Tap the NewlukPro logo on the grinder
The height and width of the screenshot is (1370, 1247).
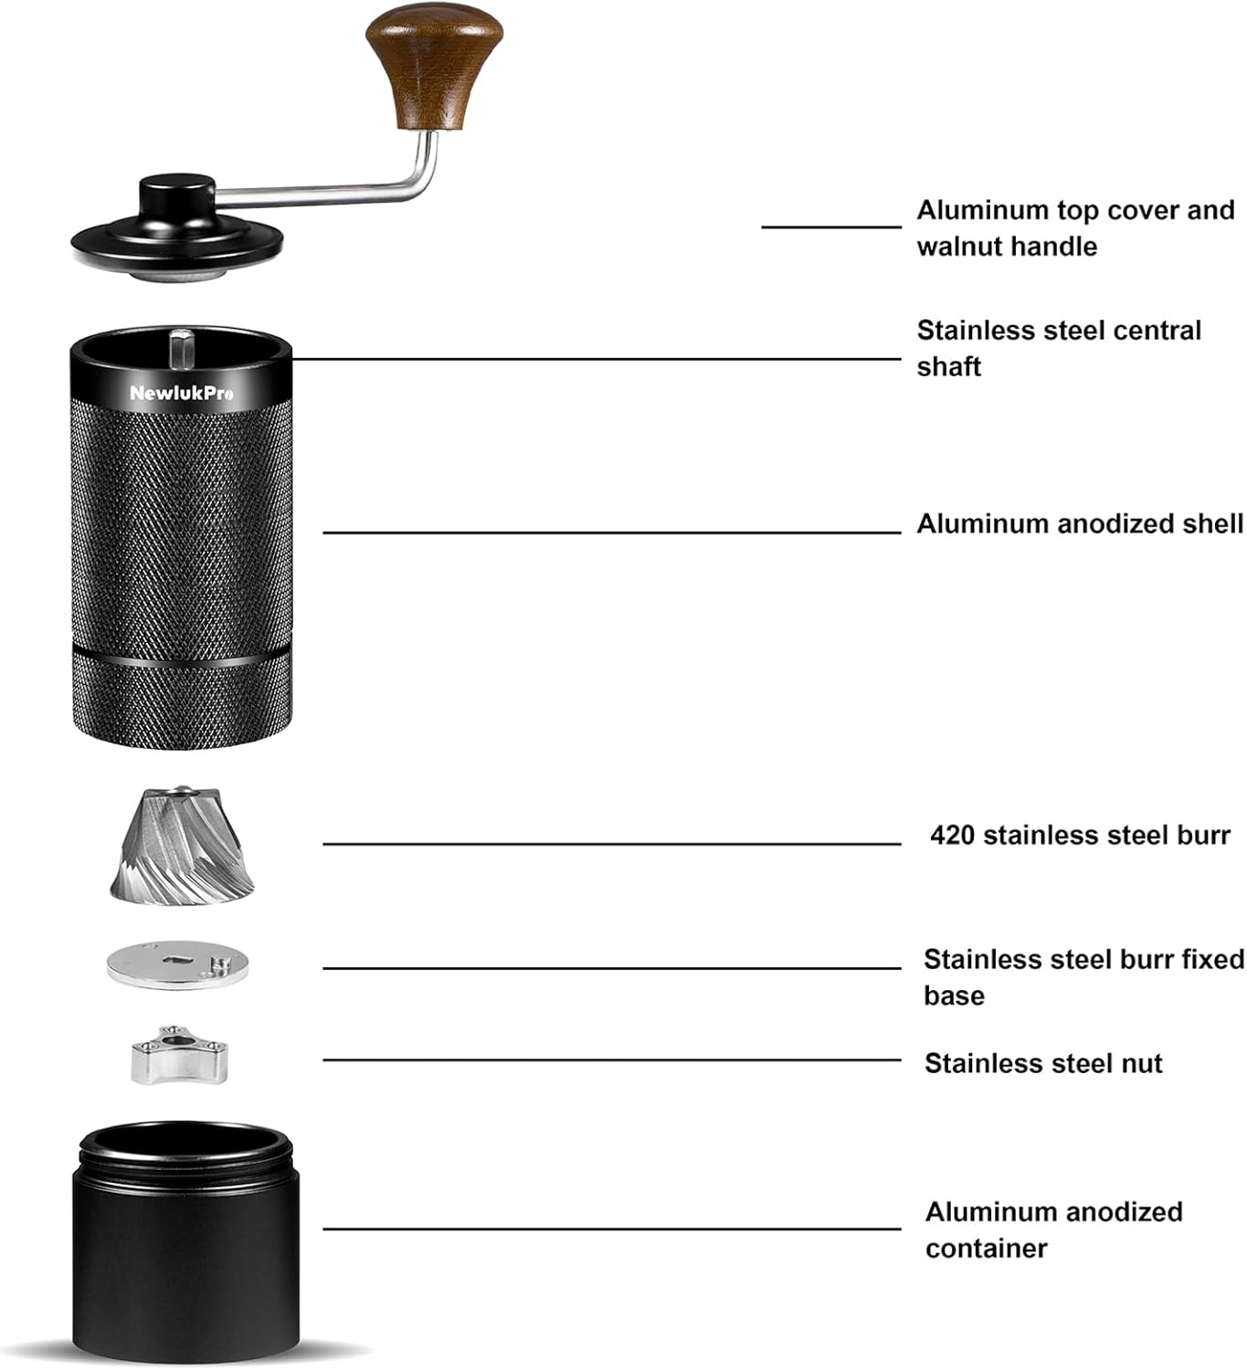point(181,394)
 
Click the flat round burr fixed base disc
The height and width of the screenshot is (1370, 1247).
point(177,967)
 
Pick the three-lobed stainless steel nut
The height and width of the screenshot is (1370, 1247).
point(177,1056)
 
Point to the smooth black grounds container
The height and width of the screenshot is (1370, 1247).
point(185,1270)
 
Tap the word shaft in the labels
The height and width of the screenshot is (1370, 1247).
point(948,367)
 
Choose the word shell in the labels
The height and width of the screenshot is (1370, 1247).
point(1210,524)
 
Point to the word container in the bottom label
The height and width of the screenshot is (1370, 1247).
point(986,1249)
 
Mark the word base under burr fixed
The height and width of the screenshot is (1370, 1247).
point(954,996)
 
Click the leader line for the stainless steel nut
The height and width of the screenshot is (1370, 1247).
point(612,1059)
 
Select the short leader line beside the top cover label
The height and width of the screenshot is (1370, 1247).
point(831,227)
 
